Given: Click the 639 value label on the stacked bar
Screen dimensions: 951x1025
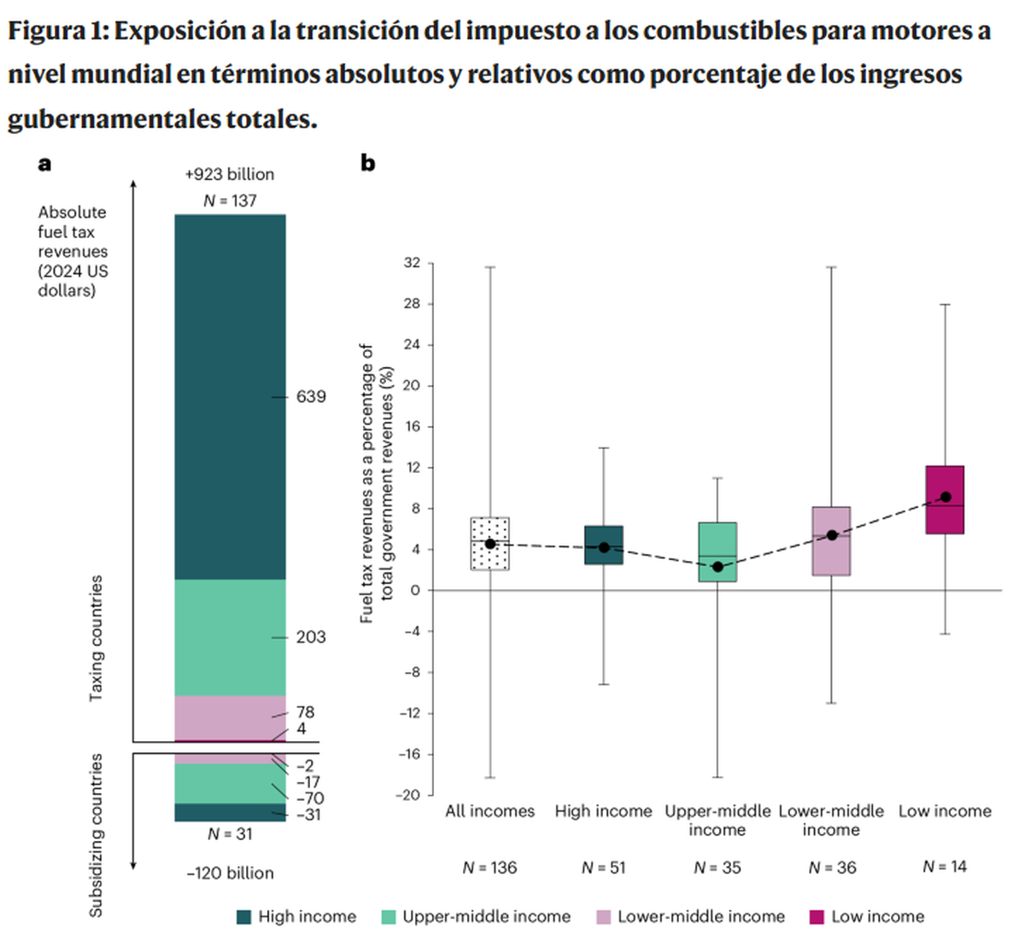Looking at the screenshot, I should point(311,397).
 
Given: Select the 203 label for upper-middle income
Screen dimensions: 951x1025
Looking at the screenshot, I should point(311,637).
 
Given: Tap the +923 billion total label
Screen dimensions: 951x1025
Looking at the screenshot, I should point(230,174).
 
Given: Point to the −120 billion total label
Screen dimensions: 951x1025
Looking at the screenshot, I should point(230,873).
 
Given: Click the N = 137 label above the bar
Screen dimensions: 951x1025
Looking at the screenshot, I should point(230,201).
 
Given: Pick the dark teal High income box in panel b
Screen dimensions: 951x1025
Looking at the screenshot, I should point(604,545).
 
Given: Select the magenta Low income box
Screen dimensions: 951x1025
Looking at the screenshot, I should point(945,500).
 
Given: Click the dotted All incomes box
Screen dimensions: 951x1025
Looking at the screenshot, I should point(490,544).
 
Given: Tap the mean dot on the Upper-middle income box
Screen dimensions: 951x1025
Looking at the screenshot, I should point(717,567).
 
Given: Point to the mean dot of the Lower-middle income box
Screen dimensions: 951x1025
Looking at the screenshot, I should point(831,535).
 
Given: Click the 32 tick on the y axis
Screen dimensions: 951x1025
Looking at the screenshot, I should point(412,263).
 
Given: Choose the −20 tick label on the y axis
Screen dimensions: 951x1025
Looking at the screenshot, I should point(409,795).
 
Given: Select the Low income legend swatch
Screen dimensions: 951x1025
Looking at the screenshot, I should point(817,917).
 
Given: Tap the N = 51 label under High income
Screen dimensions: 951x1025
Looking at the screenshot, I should point(604,867).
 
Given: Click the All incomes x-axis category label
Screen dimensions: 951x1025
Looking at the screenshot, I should point(490,811).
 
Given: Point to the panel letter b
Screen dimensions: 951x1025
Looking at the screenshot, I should point(368,162).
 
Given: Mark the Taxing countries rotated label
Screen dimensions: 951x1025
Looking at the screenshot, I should point(97,639).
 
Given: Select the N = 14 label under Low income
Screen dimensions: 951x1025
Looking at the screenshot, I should point(945,866).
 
